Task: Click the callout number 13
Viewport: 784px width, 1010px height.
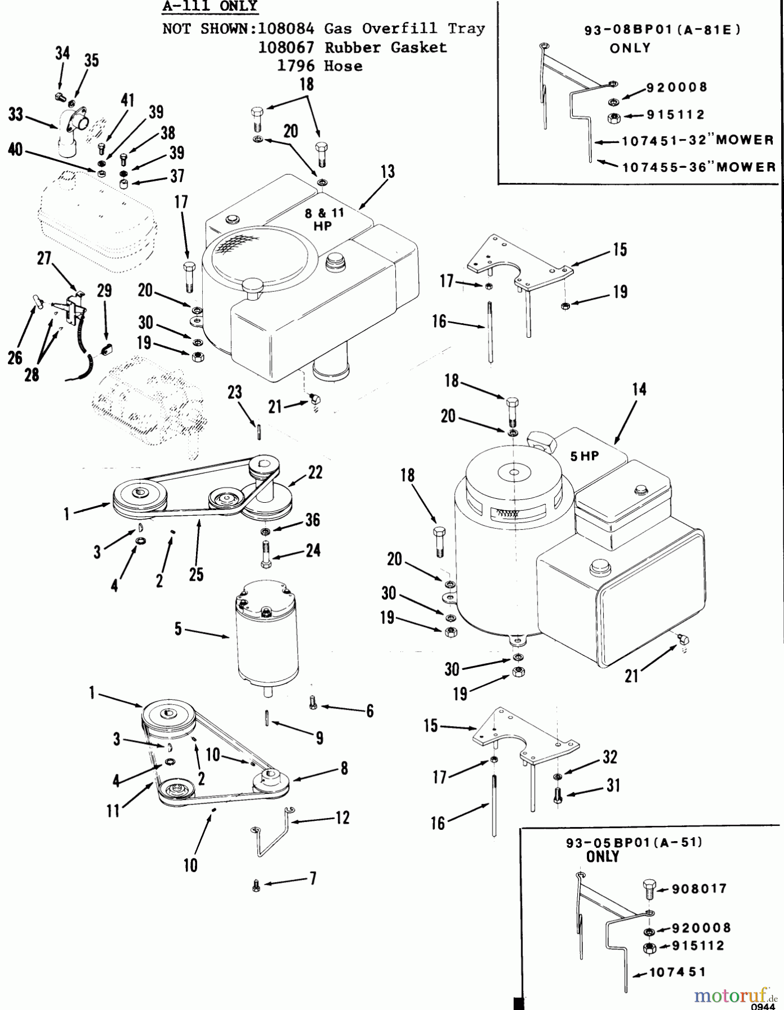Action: [x=388, y=172]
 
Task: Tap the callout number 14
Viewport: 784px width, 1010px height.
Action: [x=639, y=389]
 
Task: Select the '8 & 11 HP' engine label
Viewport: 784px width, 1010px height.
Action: [x=323, y=219]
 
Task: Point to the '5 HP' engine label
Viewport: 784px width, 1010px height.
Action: [x=585, y=456]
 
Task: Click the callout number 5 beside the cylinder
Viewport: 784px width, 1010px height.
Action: [x=178, y=629]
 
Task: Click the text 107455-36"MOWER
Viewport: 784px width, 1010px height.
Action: [x=699, y=167]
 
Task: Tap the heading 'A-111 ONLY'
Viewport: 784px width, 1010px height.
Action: [x=209, y=7]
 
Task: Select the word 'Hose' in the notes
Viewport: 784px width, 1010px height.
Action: [x=343, y=66]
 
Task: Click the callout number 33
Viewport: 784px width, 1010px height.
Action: [x=16, y=115]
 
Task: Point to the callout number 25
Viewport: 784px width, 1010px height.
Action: [x=196, y=575]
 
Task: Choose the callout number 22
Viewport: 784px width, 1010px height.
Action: [x=315, y=472]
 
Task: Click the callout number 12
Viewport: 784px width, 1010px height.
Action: [x=342, y=818]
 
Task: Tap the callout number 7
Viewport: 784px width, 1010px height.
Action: [x=313, y=878]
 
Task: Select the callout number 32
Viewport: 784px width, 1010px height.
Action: [x=610, y=757]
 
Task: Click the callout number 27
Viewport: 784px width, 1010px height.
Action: [x=44, y=259]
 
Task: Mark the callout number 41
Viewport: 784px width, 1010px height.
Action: [x=127, y=100]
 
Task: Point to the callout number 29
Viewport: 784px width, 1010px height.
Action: [x=104, y=291]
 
